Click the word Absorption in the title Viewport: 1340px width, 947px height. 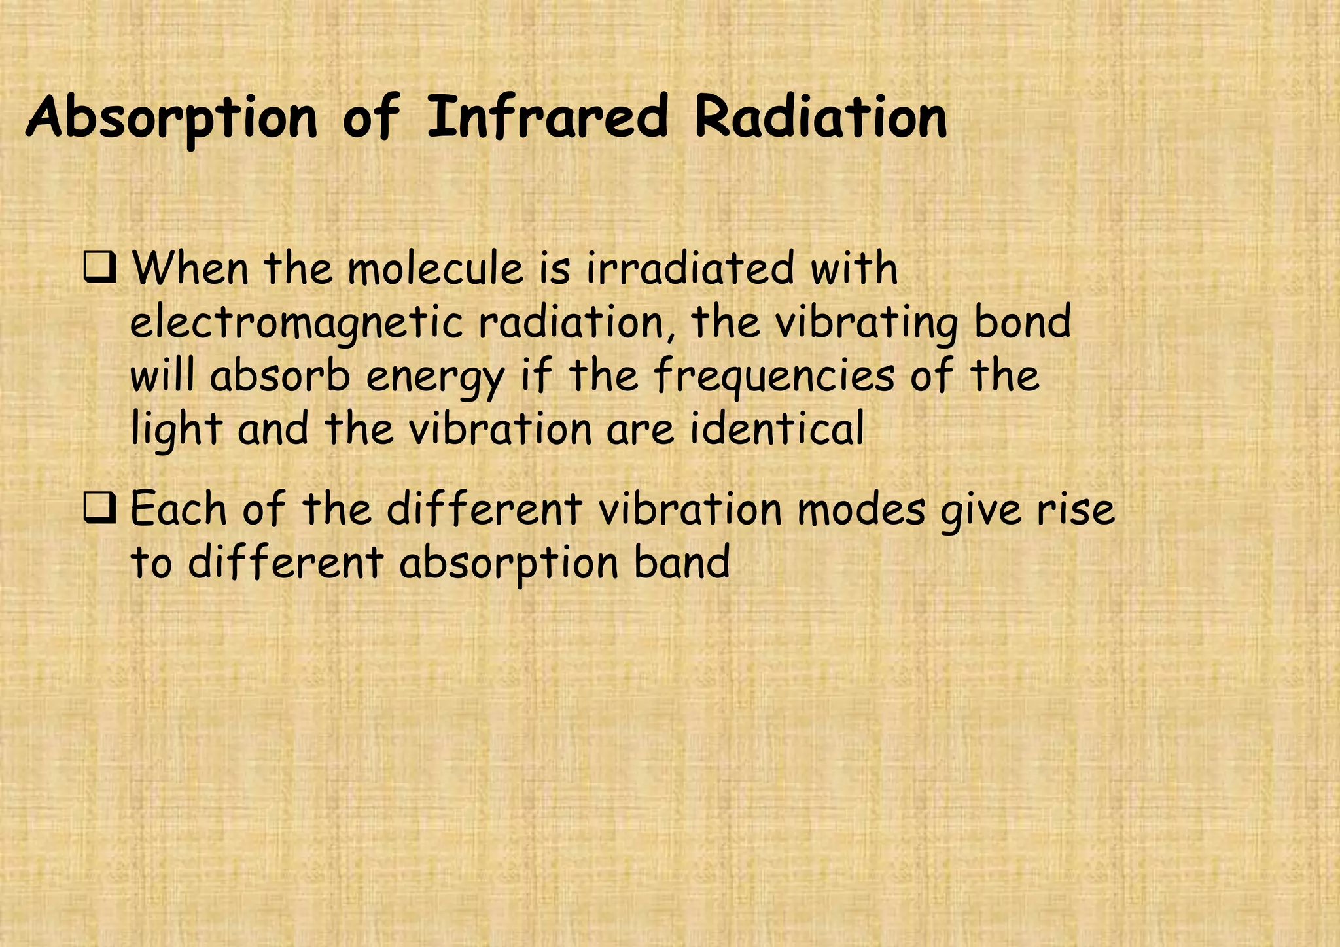coord(171,118)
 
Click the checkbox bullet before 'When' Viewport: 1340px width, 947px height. coord(99,269)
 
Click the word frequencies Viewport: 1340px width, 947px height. coord(773,378)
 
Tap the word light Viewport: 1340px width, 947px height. coord(176,432)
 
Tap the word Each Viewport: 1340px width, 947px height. coord(179,509)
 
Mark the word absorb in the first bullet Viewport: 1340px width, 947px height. coord(280,377)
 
